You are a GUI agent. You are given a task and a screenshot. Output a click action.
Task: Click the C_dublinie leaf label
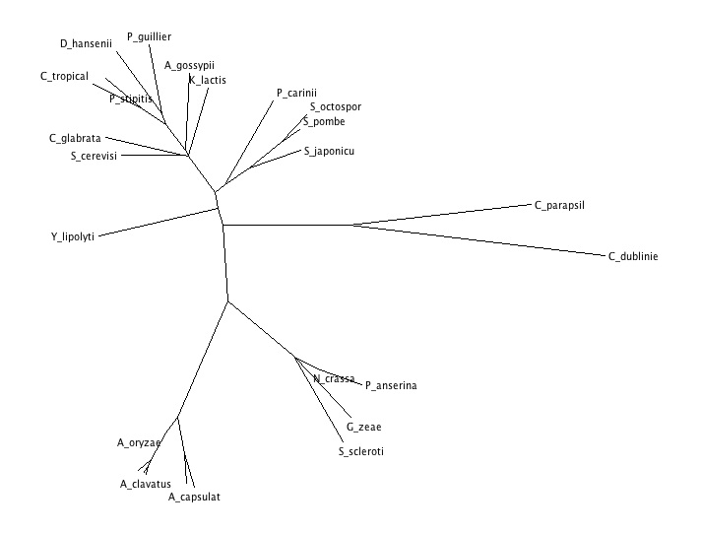click(633, 257)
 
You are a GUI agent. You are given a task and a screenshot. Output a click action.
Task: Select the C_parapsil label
click(560, 205)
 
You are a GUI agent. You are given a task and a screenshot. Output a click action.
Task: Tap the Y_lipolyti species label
click(73, 236)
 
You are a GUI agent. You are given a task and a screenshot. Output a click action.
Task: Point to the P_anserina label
click(391, 385)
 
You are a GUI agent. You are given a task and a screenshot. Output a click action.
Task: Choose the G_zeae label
click(363, 427)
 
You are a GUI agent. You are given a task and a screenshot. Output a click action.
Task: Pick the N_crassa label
click(334, 378)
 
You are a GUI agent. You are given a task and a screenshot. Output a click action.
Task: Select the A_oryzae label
click(139, 442)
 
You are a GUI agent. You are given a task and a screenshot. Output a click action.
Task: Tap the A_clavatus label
click(146, 484)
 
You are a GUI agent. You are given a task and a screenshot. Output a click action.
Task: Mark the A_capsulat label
click(194, 498)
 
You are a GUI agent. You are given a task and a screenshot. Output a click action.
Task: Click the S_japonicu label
click(329, 151)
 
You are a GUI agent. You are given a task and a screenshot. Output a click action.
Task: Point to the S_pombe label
click(324, 121)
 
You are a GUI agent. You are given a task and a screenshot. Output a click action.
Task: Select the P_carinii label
click(296, 93)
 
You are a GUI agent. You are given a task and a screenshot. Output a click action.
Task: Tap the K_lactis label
click(207, 80)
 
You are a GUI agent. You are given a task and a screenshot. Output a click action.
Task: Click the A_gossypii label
click(189, 66)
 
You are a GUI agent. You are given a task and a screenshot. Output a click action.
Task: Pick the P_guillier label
click(150, 36)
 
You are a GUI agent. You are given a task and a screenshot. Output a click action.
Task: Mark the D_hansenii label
click(87, 43)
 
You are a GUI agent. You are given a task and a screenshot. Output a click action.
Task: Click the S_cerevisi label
click(95, 156)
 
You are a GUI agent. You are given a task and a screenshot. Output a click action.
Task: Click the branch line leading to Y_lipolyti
click(158, 222)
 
